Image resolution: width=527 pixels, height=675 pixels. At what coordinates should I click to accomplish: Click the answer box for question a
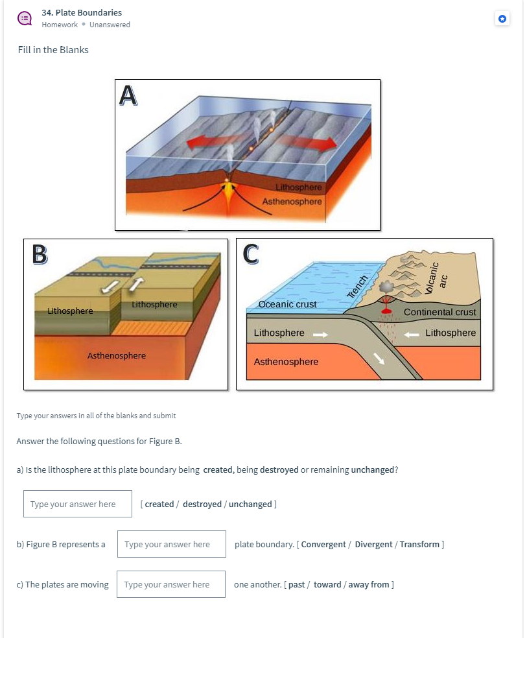tap(77, 504)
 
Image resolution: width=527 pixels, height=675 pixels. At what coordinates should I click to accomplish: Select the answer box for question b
tap(171, 544)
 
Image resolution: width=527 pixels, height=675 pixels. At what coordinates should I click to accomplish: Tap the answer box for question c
tap(171, 584)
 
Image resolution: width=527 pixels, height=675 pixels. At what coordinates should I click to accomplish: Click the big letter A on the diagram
tap(129, 95)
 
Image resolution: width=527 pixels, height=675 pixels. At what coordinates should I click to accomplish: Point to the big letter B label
tap(40, 254)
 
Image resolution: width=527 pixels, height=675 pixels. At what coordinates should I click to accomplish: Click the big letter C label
tap(251, 254)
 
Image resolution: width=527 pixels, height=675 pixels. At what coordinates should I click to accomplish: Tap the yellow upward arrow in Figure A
tap(227, 190)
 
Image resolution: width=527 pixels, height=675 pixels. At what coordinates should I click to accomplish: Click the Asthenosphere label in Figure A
tap(292, 202)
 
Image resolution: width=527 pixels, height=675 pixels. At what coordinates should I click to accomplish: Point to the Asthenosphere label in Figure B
tap(117, 355)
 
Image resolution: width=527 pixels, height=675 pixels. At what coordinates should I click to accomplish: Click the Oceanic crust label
tap(287, 304)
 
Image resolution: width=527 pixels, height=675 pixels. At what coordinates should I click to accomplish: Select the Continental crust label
tap(439, 312)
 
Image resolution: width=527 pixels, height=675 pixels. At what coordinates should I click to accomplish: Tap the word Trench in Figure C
tap(357, 287)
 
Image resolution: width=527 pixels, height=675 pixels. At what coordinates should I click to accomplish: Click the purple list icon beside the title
tap(24, 18)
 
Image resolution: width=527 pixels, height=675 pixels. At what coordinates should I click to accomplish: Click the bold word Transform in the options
tap(419, 544)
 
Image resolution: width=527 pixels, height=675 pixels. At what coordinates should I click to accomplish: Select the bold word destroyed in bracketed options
tap(202, 504)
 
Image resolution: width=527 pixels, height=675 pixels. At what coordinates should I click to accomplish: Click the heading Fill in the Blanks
tap(53, 50)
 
